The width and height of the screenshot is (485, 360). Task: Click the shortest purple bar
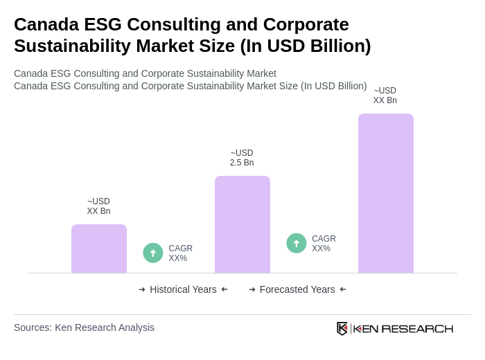click(99, 249)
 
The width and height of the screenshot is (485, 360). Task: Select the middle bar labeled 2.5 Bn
click(242, 224)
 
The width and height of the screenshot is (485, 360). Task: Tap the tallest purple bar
click(386, 193)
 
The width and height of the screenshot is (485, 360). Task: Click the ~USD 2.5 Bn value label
click(242, 158)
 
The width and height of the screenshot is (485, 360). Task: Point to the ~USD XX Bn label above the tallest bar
click(385, 96)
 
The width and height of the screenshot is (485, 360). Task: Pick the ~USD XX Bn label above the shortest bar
click(98, 206)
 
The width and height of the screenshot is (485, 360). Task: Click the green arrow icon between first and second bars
click(153, 253)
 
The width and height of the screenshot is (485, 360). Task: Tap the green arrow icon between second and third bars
click(297, 243)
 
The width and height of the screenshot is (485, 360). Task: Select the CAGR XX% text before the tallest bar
click(324, 244)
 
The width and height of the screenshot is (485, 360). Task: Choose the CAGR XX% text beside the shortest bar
click(180, 253)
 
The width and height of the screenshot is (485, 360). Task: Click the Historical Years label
click(183, 289)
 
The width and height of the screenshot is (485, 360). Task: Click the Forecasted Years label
click(297, 289)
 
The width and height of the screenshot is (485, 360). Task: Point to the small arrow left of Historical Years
click(142, 289)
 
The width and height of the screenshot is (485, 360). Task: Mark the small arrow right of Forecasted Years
click(343, 289)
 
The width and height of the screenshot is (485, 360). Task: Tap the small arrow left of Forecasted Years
click(252, 289)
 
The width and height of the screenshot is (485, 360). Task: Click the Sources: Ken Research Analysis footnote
click(84, 327)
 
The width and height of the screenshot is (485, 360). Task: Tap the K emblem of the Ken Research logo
click(342, 328)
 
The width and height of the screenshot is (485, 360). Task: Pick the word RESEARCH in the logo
click(417, 328)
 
